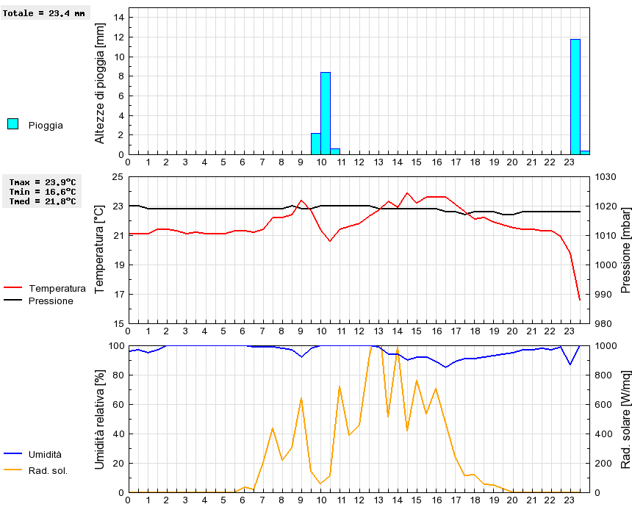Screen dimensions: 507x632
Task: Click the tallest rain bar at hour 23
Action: (575, 97)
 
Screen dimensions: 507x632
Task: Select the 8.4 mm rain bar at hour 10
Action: (326, 113)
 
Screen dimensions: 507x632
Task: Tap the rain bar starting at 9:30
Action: (316, 144)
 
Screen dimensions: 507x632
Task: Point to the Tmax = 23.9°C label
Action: (43, 181)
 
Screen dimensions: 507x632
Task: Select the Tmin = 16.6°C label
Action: (43, 191)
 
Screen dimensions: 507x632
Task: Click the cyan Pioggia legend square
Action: (12, 124)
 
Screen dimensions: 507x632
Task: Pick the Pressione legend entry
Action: (51, 301)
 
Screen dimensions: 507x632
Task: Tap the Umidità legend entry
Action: (45, 455)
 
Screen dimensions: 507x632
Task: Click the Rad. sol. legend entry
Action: (48, 470)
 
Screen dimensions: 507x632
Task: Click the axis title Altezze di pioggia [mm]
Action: (101, 82)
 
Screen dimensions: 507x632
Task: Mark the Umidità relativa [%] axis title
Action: (101, 419)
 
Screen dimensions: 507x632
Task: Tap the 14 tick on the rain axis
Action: (118, 18)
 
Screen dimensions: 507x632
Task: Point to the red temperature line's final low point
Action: (580, 300)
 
